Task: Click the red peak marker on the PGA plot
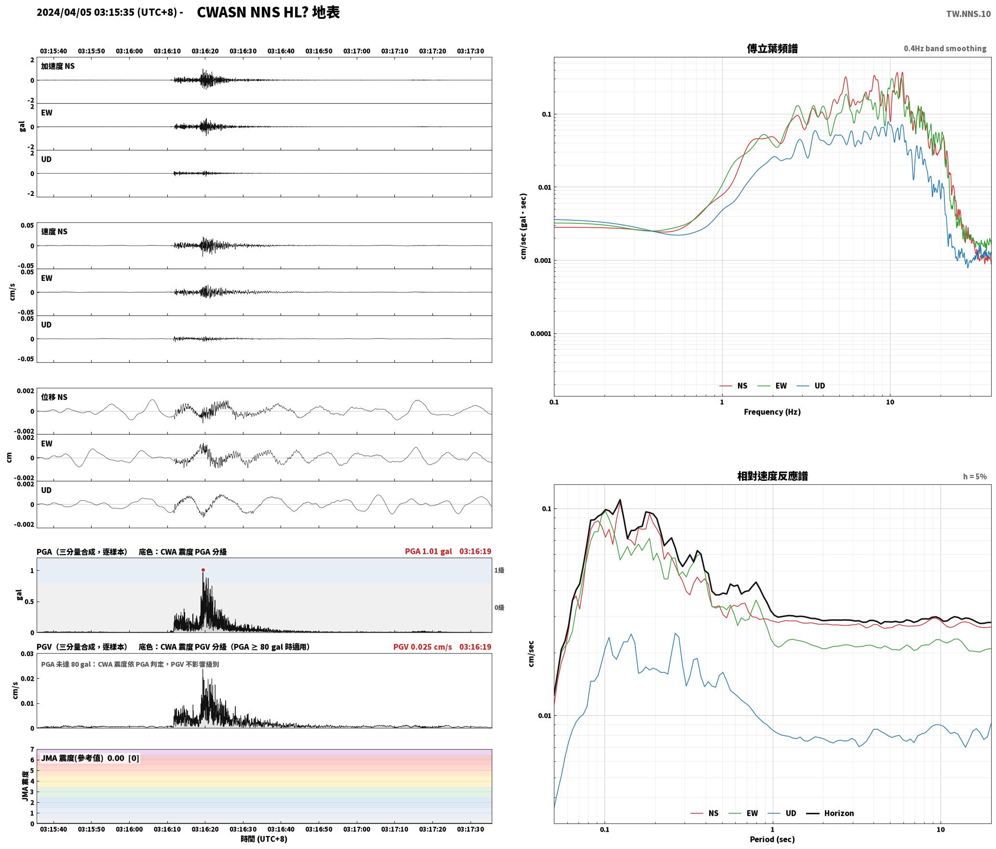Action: tap(203, 570)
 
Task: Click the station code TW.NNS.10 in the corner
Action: tap(968, 14)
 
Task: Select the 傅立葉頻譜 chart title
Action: tap(772, 48)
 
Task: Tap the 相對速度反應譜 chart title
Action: tap(772, 476)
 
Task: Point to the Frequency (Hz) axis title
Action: tap(772, 411)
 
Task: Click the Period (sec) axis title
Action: tap(772, 839)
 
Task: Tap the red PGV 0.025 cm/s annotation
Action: tap(422, 646)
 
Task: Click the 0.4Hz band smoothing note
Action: tap(945, 48)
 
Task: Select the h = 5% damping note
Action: tap(975, 476)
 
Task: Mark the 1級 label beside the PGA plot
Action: tap(499, 570)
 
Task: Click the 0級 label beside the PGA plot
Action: tap(499, 607)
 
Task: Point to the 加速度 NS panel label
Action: tap(58, 66)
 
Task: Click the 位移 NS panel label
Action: tap(54, 397)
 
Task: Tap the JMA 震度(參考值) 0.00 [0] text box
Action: tap(90, 758)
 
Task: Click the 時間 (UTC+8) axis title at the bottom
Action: tap(264, 839)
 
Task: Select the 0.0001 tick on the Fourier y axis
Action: tap(540, 333)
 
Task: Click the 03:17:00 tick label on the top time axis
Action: tap(357, 51)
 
